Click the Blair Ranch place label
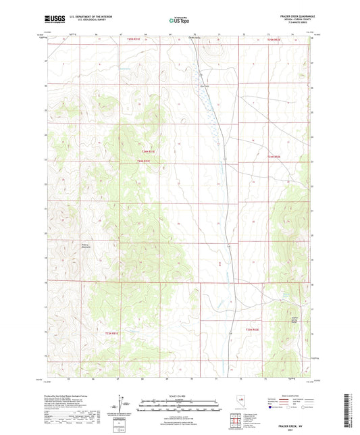pos(203,85)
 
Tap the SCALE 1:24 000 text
pos(180,396)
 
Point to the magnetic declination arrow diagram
pos(120,404)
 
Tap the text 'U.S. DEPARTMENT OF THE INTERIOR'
pos(95,15)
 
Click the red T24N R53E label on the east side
pos(274,157)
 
